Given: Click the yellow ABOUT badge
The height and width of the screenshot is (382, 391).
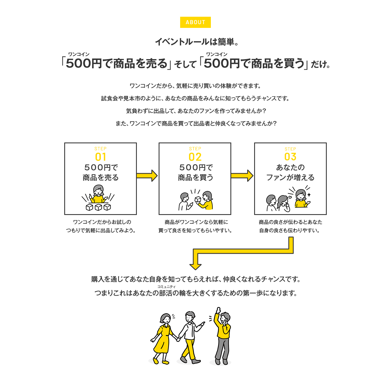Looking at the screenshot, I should [x=195, y=22].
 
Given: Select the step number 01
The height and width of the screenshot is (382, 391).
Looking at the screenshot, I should [x=101, y=157].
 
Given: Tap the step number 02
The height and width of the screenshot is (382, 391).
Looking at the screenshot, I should [x=195, y=157].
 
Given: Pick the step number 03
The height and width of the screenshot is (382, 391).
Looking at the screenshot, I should [x=290, y=157].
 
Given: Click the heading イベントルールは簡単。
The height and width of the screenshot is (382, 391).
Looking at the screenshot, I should [x=197, y=42].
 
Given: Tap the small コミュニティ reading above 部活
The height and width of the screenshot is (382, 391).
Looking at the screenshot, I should [x=166, y=287].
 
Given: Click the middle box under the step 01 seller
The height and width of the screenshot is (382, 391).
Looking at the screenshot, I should [x=98, y=207].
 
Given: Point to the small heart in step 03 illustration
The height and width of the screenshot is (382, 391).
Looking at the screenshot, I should [x=290, y=197].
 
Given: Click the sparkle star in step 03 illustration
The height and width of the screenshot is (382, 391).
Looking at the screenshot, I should [x=309, y=195].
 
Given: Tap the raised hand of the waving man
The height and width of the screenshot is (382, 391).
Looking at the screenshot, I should [x=218, y=310].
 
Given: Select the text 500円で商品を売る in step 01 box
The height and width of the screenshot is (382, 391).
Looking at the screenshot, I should [x=101, y=172].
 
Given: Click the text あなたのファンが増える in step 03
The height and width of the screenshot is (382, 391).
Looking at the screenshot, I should [x=290, y=172].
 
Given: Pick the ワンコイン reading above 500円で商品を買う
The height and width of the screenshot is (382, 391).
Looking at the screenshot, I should [x=217, y=54].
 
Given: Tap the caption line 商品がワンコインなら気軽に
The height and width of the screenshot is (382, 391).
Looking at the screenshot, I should [x=196, y=222].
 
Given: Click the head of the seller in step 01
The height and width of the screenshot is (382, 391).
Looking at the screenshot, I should [x=98, y=190].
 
